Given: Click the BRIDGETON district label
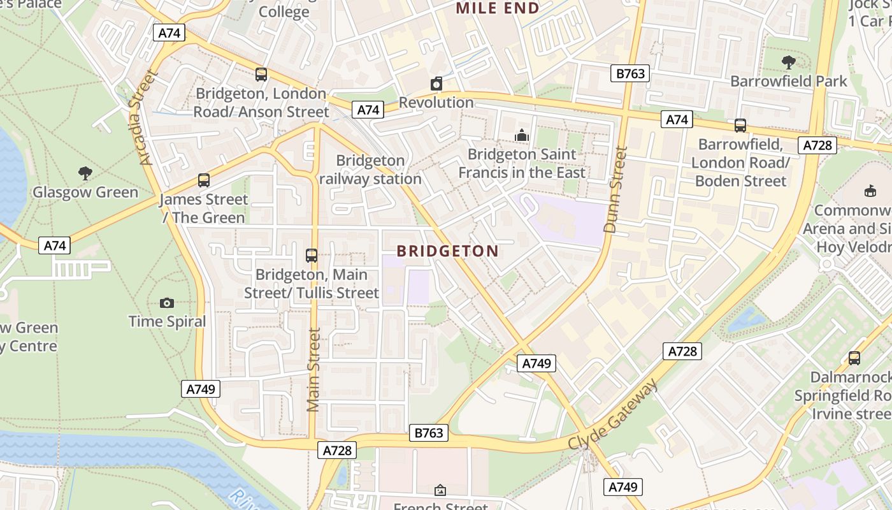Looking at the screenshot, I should (x=447, y=251).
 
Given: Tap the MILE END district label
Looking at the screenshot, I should (x=498, y=8).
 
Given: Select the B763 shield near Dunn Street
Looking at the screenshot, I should (x=630, y=73).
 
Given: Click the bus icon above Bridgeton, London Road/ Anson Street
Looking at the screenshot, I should (x=261, y=74).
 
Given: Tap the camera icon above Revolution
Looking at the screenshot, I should (x=436, y=84).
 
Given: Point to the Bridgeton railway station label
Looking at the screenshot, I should (x=370, y=170).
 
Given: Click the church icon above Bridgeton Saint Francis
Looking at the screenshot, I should (x=522, y=135).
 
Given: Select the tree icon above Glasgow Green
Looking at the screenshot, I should (x=85, y=173).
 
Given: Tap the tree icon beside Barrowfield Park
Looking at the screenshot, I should (x=788, y=62).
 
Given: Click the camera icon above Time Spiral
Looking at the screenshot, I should (x=167, y=303).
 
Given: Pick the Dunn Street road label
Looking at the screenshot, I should (x=615, y=189).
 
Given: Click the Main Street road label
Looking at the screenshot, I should (x=313, y=370).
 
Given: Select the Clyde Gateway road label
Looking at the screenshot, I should (x=612, y=415).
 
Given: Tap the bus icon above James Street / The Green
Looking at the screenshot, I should (x=203, y=180).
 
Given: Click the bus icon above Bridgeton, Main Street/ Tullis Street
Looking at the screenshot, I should (x=312, y=256).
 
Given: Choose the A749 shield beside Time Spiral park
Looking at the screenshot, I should (x=201, y=389).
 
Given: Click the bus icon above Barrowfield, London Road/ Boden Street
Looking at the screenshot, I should (x=740, y=126).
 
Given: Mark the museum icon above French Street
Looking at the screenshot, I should (x=440, y=490).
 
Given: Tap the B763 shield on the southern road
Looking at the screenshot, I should (x=428, y=433).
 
